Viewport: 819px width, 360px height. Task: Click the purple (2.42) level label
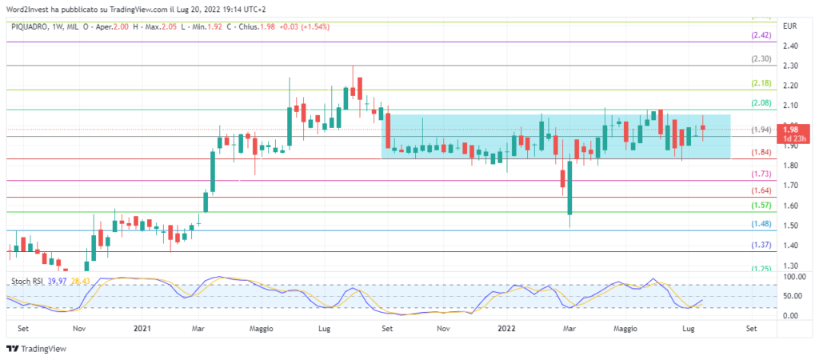click(x=761, y=36)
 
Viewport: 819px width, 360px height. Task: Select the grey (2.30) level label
click(x=761, y=59)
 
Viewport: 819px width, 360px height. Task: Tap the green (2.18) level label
click(x=761, y=83)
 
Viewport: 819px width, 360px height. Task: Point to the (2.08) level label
click(x=761, y=103)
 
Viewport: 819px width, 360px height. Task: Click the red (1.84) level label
click(x=761, y=153)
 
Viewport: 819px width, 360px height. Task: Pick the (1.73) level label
click(x=761, y=174)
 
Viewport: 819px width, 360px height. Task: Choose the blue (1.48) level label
click(x=761, y=224)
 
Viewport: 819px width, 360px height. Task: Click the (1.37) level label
click(x=761, y=245)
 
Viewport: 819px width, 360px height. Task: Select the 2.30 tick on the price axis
click(x=791, y=66)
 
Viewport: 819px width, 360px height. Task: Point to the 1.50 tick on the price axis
click(x=791, y=226)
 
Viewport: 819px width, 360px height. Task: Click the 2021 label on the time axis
click(x=142, y=328)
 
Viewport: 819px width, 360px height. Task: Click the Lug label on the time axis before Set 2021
click(x=325, y=328)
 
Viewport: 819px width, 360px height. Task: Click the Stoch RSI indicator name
click(x=26, y=281)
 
